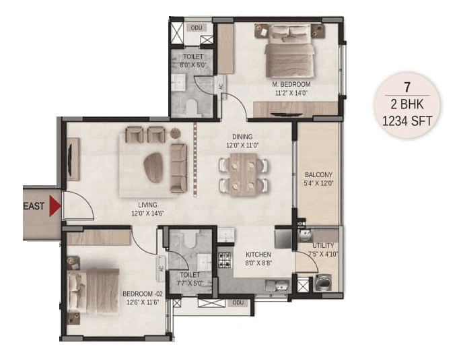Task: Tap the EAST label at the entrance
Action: [35, 207]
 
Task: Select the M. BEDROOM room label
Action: [291, 84]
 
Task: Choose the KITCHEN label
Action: [258, 255]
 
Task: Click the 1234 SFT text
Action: [407, 121]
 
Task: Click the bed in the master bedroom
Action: [287, 51]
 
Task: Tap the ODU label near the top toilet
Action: [197, 28]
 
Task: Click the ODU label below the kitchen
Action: [237, 302]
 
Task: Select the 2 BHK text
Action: [407, 104]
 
